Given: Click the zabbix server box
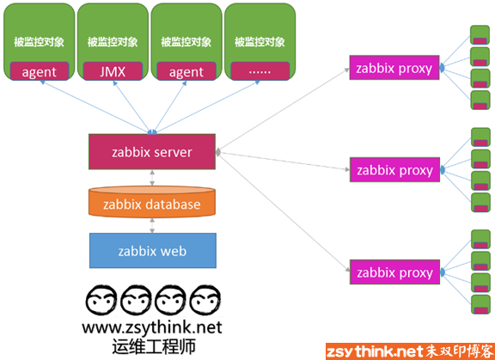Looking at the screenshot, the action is [x=152, y=152].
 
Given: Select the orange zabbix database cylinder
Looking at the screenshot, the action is [x=152, y=202].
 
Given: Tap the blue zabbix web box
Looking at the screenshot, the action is [x=153, y=251].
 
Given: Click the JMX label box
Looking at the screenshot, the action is [x=113, y=71].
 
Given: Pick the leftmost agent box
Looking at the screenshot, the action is [x=40, y=71].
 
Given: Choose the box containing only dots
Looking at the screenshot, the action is [x=260, y=71].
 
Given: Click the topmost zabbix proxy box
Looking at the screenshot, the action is [x=394, y=68].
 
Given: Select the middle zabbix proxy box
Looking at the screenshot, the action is [x=394, y=170].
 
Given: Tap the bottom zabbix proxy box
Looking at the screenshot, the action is [x=394, y=272].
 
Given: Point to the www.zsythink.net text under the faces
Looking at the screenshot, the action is [x=152, y=328].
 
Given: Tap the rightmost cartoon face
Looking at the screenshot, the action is [x=207, y=301].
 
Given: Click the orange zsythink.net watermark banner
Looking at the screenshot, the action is [x=410, y=351].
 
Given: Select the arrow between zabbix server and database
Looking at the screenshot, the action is [x=152, y=178].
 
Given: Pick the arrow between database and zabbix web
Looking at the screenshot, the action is [x=152, y=225].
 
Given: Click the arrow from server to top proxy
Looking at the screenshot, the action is [x=283, y=110].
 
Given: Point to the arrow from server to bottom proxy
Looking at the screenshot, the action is [x=283, y=212].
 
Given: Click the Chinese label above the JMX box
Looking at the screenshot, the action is [x=113, y=42].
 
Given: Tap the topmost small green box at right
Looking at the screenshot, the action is [x=480, y=35].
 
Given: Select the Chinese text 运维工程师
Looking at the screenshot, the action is [x=154, y=347].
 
